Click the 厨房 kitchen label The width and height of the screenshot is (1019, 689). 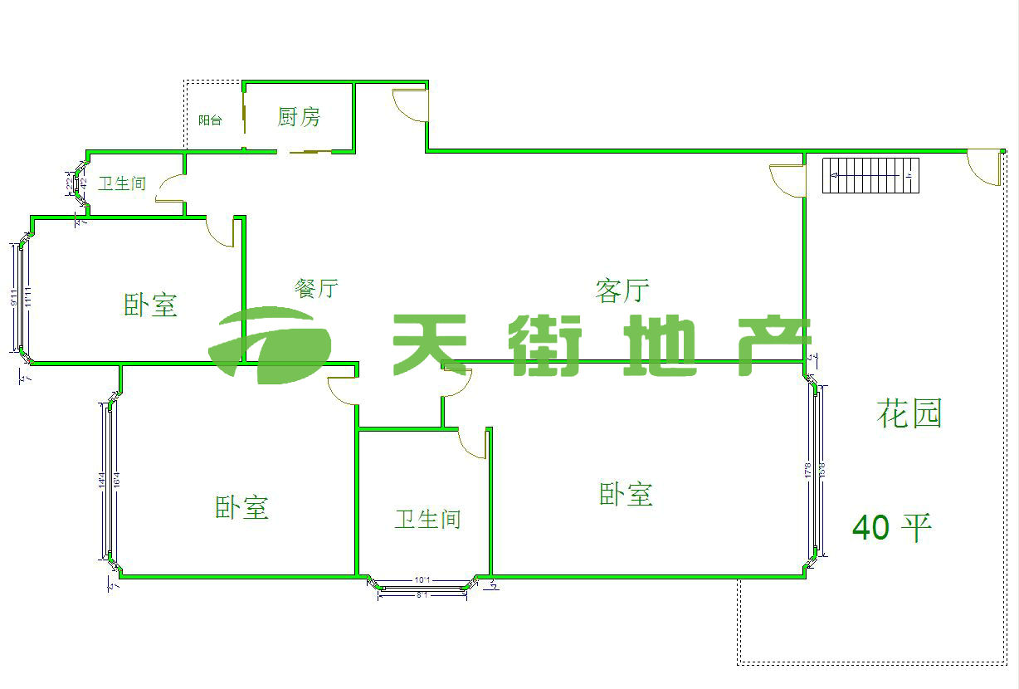pos(299,117)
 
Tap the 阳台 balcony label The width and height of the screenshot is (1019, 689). pos(210,120)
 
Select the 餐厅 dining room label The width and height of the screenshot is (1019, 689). pos(316,288)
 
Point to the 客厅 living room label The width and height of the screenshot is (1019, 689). pos(622,291)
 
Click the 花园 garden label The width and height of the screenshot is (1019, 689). pos(909,413)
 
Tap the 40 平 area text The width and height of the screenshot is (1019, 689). pos(892,526)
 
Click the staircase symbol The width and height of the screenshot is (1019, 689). pos(871,175)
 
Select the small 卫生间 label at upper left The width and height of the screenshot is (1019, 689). pos(122,183)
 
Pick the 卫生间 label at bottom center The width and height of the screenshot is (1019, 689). pos(427,520)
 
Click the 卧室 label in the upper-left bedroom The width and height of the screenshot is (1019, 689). pos(150,305)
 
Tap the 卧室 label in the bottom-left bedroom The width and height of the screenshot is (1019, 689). pos(241,507)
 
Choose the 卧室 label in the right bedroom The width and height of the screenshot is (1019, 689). pos(626,494)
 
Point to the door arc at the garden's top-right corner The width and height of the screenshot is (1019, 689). pos(985,166)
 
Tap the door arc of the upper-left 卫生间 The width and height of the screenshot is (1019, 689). pos(168,189)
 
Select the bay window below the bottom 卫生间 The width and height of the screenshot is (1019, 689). pos(422,586)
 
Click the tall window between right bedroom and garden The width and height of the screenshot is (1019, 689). pos(817,471)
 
